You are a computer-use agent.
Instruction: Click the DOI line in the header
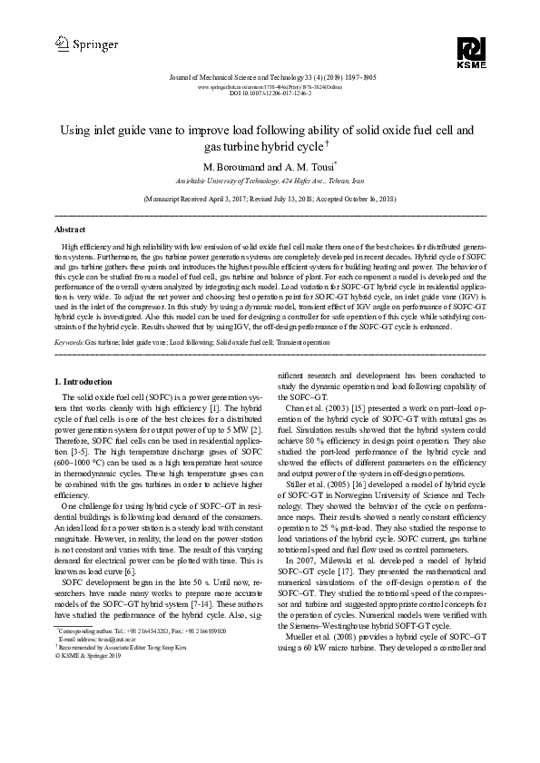pos(270,93)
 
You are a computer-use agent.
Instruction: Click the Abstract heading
pos(71,230)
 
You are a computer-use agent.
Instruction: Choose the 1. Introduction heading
pos(84,381)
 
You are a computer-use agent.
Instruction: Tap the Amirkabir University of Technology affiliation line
pos(270,181)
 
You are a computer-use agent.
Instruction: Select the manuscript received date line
pos(270,197)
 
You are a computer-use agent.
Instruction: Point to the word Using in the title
pos(75,130)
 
